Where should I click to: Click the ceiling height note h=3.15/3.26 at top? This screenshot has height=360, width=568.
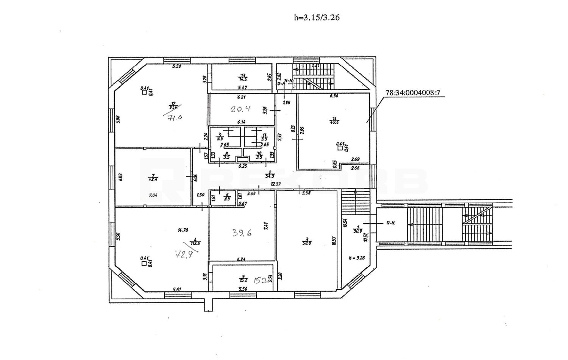coord(314,17)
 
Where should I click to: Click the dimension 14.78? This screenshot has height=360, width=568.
coord(183,230)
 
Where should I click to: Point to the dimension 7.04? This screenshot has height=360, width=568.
coord(153,196)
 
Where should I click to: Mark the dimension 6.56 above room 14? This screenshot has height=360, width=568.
coord(334,96)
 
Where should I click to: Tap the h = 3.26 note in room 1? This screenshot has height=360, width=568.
coord(356,257)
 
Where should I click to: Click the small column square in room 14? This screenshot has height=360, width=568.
coord(340,149)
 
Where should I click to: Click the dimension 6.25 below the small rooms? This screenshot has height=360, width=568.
coord(242,166)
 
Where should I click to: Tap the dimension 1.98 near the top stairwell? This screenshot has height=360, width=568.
coord(287,102)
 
